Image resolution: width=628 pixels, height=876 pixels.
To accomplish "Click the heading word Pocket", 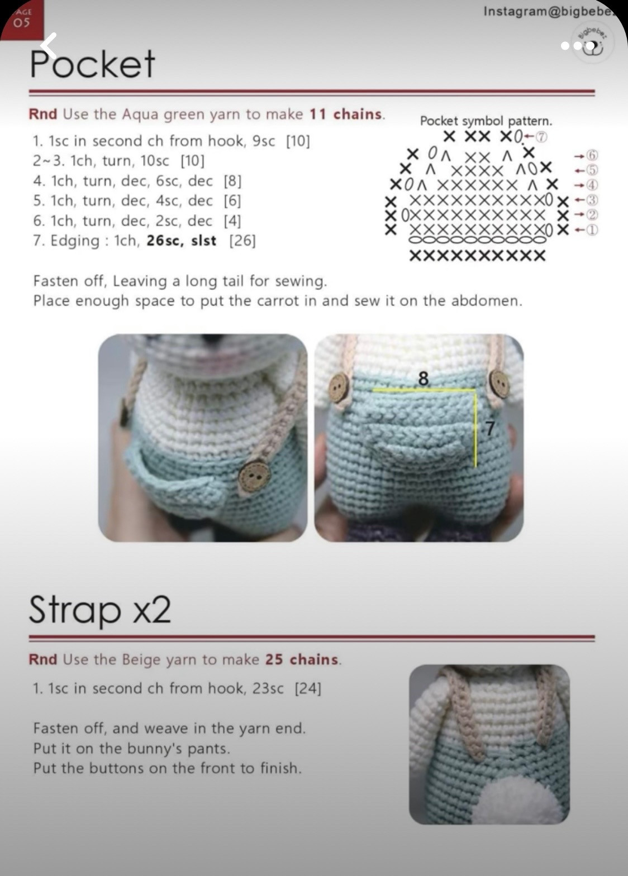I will pyautogui.click(x=92, y=64).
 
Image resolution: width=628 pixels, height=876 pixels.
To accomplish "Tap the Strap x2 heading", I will pyautogui.click(x=99, y=609).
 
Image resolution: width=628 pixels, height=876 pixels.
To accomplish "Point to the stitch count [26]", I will pyautogui.click(x=242, y=241).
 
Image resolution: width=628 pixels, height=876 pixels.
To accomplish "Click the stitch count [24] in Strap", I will pyautogui.click(x=308, y=688).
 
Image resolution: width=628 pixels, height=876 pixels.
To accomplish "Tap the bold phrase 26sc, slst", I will pyautogui.click(x=181, y=241).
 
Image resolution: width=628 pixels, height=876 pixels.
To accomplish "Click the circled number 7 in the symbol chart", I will pyautogui.click(x=541, y=136).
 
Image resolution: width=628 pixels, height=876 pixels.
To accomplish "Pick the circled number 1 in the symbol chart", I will pyautogui.click(x=592, y=230).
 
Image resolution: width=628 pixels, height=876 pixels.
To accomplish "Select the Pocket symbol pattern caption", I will pyautogui.click(x=486, y=121).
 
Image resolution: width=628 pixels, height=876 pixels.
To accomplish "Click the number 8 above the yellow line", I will pyautogui.click(x=424, y=379).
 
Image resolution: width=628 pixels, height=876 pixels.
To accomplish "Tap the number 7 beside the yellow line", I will pyautogui.click(x=489, y=429).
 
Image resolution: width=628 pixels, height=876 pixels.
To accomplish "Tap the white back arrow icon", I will pyautogui.click(x=50, y=45).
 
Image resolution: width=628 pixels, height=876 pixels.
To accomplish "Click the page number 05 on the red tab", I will pyautogui.click(x=21, y=22).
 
